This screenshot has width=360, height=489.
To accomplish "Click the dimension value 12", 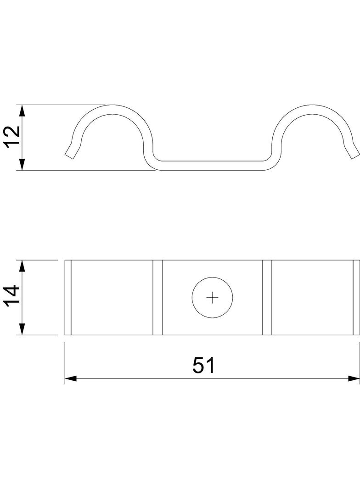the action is (13, 137).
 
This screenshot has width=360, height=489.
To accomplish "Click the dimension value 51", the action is (203, 365).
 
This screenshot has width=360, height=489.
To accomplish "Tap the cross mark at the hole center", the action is (212, 298).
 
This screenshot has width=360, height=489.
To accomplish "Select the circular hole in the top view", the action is (212, 298).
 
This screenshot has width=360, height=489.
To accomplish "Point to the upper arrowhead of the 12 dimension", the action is (22, 111).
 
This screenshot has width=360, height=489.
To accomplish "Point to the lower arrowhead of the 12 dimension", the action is (22, 164).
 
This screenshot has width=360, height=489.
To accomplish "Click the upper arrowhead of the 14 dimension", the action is (22, 266).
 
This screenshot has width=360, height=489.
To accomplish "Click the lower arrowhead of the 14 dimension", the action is (22, 329).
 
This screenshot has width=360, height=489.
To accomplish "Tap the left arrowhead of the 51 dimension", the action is (71, 378).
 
